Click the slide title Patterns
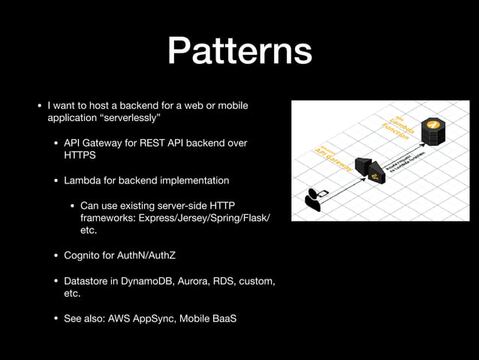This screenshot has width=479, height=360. tap(239, 51)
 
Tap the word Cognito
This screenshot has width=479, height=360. tap(84, 256)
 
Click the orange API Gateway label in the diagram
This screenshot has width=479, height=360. tap(333, 156)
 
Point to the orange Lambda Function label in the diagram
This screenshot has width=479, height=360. tap(398, 125)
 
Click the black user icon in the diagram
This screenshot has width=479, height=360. tap(313, 198)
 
